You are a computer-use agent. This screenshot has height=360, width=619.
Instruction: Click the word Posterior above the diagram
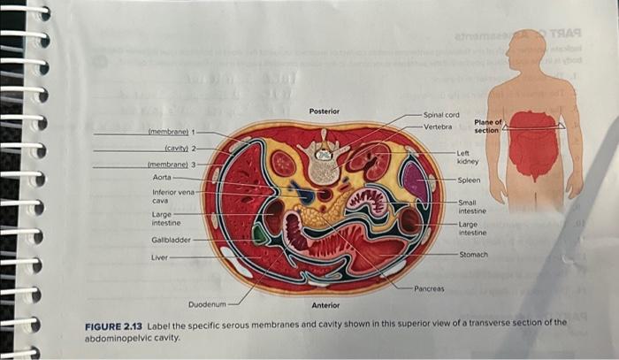324,111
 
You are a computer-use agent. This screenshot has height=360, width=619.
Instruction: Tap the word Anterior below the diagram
325,305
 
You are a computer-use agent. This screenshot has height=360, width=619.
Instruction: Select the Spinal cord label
440,115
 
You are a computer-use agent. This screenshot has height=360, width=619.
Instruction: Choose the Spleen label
469,180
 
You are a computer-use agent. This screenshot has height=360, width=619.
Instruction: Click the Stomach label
473,254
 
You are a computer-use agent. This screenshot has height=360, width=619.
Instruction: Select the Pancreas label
429,288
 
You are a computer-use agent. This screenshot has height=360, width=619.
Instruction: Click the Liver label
159,257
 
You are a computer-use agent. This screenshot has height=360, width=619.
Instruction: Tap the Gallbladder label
169,240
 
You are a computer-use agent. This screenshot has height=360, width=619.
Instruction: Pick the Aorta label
162,177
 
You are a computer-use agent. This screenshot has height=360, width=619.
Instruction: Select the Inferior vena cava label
173,195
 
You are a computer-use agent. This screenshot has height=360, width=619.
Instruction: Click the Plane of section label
487,126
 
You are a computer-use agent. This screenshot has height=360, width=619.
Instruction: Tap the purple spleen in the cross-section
415,179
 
